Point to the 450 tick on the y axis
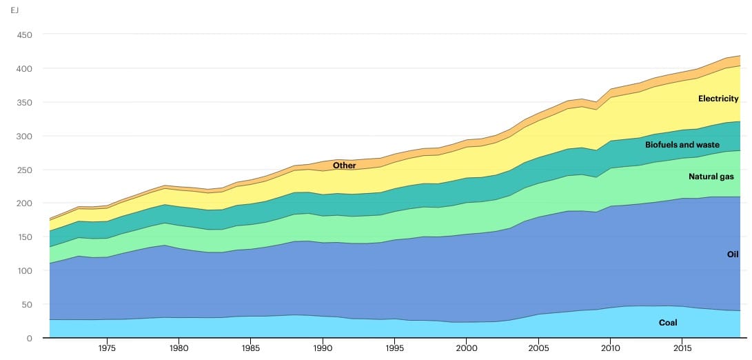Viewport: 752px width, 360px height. tap(24, 34)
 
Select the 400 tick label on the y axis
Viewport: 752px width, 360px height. tap(24, 68)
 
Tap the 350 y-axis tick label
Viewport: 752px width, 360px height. tap(24, 102)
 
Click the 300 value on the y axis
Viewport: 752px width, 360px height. tap(24, 136)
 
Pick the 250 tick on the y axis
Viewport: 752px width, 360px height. tap(24, 170)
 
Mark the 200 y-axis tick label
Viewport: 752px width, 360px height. tap(24, 203)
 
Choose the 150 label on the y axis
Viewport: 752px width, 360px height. tap(24, 237)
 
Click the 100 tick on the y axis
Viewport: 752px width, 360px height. tap(24, 271)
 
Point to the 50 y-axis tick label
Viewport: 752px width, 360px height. tap(27, 305)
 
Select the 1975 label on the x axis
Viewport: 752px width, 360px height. tap(107, 348)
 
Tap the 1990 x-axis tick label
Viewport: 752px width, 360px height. tap(323, 348)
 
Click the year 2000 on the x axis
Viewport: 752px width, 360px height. tap(467, 348)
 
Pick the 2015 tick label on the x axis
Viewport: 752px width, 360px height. tap(682, 348)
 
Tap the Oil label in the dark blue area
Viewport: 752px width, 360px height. tap(733, 254)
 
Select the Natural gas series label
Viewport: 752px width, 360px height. tap(711, 177)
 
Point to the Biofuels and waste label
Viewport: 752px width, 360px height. tap(682, 145)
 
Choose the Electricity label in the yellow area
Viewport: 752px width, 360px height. tap(718, 99)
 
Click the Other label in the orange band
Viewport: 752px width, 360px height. tap(345, 166)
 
